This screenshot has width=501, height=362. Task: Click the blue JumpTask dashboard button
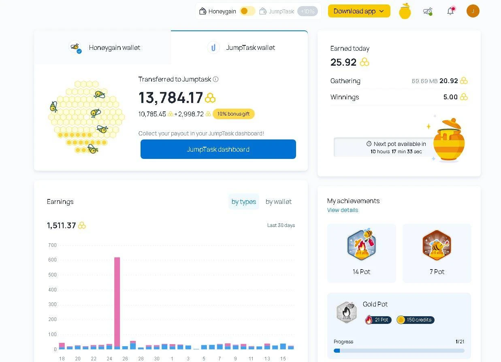218,149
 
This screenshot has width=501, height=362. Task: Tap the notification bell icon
451,11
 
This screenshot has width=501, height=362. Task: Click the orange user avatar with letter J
473,11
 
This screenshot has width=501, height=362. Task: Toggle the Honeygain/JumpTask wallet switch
247,11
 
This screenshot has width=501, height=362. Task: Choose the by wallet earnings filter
279,201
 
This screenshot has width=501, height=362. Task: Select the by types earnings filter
244,201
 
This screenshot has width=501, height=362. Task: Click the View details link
342,210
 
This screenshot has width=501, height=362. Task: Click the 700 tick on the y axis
52,245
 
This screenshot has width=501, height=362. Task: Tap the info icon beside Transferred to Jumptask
215,79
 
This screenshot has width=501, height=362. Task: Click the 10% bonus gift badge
234,114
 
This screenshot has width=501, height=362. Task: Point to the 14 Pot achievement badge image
361,245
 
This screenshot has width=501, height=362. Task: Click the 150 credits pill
415,320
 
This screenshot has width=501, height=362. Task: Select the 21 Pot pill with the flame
378,320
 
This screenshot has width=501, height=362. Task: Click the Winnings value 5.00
450,97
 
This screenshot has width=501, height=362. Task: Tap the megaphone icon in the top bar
428,11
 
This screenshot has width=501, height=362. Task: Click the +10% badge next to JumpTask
307,11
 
